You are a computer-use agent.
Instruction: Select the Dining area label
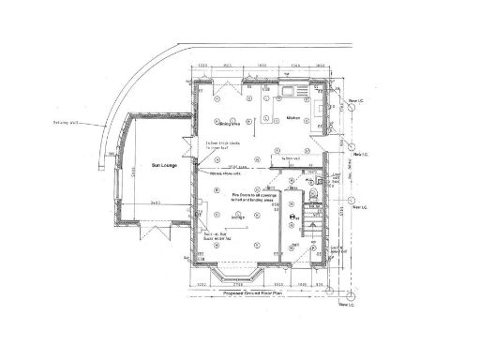[230, 119]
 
